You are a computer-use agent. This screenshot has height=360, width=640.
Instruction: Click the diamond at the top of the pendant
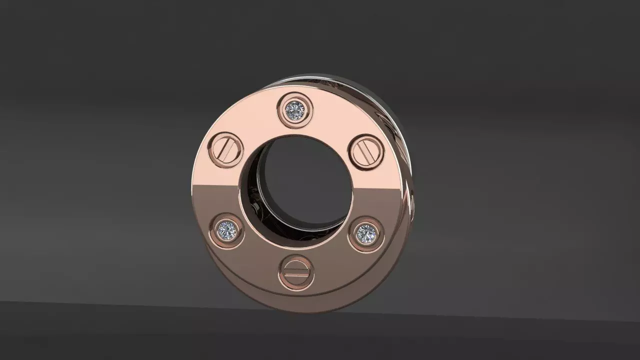coord(295,108)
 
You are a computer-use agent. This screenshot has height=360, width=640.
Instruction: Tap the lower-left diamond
coord(227,230)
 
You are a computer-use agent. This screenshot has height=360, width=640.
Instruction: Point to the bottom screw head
coord(296,273)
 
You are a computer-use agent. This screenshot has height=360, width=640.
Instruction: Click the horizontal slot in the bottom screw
coord(296,273)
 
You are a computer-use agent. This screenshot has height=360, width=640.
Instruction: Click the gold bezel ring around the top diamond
coord(295,98)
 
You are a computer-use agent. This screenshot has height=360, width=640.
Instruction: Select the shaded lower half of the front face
coord(330,260)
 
